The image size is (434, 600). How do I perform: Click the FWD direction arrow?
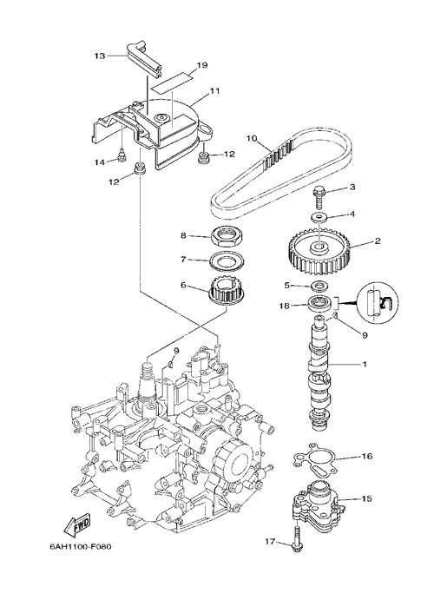point(78,524)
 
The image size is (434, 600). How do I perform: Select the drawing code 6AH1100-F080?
point(81,546)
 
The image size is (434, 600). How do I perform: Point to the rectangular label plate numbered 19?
point(171,82)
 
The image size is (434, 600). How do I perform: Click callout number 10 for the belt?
point(251,138)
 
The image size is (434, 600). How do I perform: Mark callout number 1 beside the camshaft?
point(365,364)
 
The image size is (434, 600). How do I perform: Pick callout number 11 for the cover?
point(214,91)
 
